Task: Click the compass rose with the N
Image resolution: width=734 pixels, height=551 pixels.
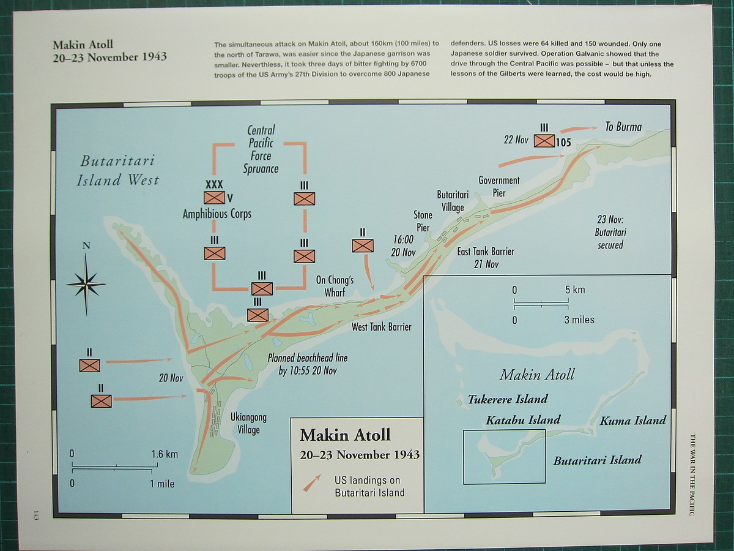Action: coord(86,283)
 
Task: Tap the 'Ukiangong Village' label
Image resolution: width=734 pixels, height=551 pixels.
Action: coord(248,423)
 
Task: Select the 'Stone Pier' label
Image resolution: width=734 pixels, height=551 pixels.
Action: coord(423,221)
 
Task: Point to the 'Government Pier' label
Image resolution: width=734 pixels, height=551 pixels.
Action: coord(499,186)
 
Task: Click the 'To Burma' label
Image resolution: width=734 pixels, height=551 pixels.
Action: coord(623,127)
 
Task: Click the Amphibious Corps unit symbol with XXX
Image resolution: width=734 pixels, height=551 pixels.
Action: coord(214,197)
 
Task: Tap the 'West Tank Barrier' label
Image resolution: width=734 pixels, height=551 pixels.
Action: coord(381,327)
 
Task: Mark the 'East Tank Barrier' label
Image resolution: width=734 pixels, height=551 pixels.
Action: coord(486,257)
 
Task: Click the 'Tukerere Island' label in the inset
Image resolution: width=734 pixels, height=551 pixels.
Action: coord(508,399)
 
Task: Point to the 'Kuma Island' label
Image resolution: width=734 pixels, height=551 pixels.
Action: coord(632,421)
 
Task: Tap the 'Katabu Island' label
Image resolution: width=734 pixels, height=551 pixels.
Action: coord(523,420)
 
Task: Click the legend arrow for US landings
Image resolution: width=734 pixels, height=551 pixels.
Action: coord(312,482)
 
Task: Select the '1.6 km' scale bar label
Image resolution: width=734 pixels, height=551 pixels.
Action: coord(165,454)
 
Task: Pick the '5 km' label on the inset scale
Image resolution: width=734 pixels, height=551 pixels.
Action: coord(574,290)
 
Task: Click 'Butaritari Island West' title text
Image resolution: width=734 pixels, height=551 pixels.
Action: coord(117,170)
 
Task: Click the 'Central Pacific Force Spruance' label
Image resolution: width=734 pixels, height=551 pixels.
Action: coord(261,149)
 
